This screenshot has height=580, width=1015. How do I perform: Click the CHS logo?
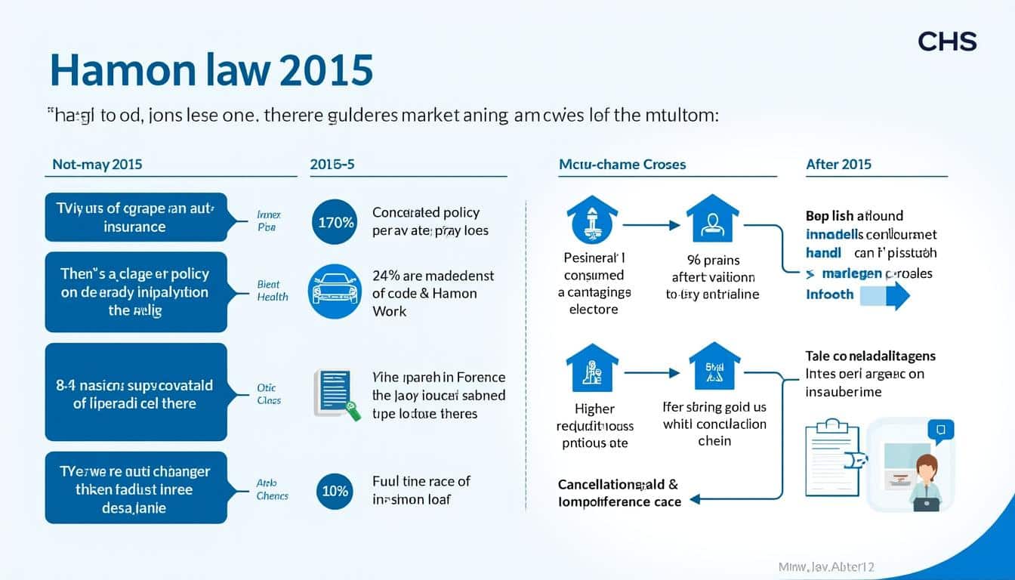[x=947, y=42]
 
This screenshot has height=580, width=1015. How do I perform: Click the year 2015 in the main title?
[x=326, y=69]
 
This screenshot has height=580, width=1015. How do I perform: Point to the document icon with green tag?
[x=334, y=393]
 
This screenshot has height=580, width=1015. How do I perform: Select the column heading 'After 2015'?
[x=838, y=164]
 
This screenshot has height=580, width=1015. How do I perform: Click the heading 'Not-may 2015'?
[x=97, y=164]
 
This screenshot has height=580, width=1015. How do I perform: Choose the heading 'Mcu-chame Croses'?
[x=622, y=164]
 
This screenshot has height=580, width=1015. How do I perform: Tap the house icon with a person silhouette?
[x=711, y=218]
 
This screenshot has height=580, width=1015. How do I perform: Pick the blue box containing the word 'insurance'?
[x=136, y=217]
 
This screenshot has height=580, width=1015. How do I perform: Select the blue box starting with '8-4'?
[x=136, y=393]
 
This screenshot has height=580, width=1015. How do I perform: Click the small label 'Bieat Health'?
[x=272, y=291]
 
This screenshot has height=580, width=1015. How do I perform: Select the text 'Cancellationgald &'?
[x=618, y=484]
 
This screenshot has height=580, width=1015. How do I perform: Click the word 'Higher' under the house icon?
[x=595, y=409]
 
